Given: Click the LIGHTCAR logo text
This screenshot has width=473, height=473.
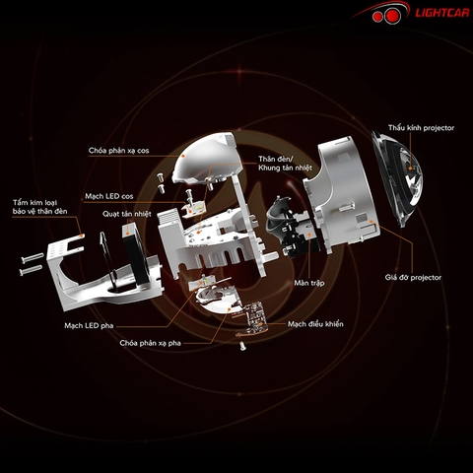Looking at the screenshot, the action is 442,13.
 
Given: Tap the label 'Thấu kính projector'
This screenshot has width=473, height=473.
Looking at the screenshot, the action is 421,128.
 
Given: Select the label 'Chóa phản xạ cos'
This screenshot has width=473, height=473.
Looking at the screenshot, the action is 118,151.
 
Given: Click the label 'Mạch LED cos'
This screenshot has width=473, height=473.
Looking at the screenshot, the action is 109,196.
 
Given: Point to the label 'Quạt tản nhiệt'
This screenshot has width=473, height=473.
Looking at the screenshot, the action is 127,214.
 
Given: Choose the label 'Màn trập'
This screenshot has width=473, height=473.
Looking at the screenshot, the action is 309,283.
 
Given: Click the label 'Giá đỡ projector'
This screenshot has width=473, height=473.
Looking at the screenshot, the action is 413,278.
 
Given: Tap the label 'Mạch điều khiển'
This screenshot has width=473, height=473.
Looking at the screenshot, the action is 315,324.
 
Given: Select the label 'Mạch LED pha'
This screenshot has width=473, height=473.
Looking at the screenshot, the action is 89,325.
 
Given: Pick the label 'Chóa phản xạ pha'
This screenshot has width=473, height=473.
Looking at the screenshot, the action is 150,343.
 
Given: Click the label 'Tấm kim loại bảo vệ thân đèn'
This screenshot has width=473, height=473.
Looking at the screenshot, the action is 39,207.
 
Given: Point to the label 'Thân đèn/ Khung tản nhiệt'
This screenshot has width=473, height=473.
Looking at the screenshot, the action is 285,164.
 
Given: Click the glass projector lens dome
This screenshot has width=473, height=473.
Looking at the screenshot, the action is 399,179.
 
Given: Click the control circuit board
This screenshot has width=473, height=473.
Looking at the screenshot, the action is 251,318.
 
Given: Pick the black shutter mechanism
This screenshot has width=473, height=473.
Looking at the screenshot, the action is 289,227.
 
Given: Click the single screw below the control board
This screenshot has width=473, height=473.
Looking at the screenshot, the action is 242,346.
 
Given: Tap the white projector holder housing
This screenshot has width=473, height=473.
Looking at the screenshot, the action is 342,194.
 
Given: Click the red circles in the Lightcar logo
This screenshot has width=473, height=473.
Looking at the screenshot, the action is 386,16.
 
